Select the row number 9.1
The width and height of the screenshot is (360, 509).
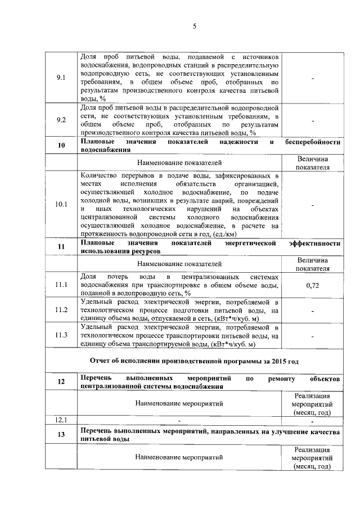point(62,78)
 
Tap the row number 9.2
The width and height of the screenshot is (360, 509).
point(62,120)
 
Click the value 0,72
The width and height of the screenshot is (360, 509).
point(313,286)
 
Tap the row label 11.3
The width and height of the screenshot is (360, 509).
point(62,336)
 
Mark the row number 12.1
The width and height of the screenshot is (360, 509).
point(62,420)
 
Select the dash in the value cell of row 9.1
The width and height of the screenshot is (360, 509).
point(313,78)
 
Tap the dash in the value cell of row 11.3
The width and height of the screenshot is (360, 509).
point(313,336)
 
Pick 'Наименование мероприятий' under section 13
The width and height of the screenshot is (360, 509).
point(179,458)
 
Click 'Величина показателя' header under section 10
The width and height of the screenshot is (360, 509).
point(313,163)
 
